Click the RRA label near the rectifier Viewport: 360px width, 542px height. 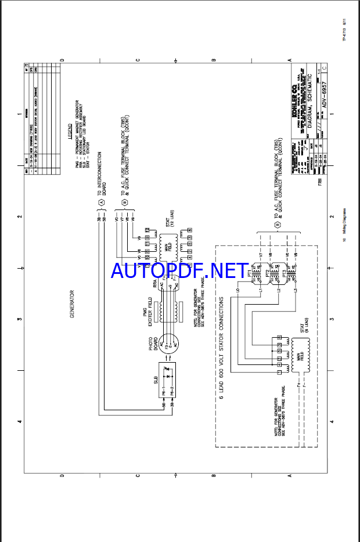click(x=155, y=283)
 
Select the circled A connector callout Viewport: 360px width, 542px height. click(x=100, y=202)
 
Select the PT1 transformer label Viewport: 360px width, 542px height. click(x=250, y=272)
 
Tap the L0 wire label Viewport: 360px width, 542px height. click(x=237, y=290)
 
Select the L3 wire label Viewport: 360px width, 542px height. click(x=296, y=290)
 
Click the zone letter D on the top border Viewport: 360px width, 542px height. click(x=62, y=60)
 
